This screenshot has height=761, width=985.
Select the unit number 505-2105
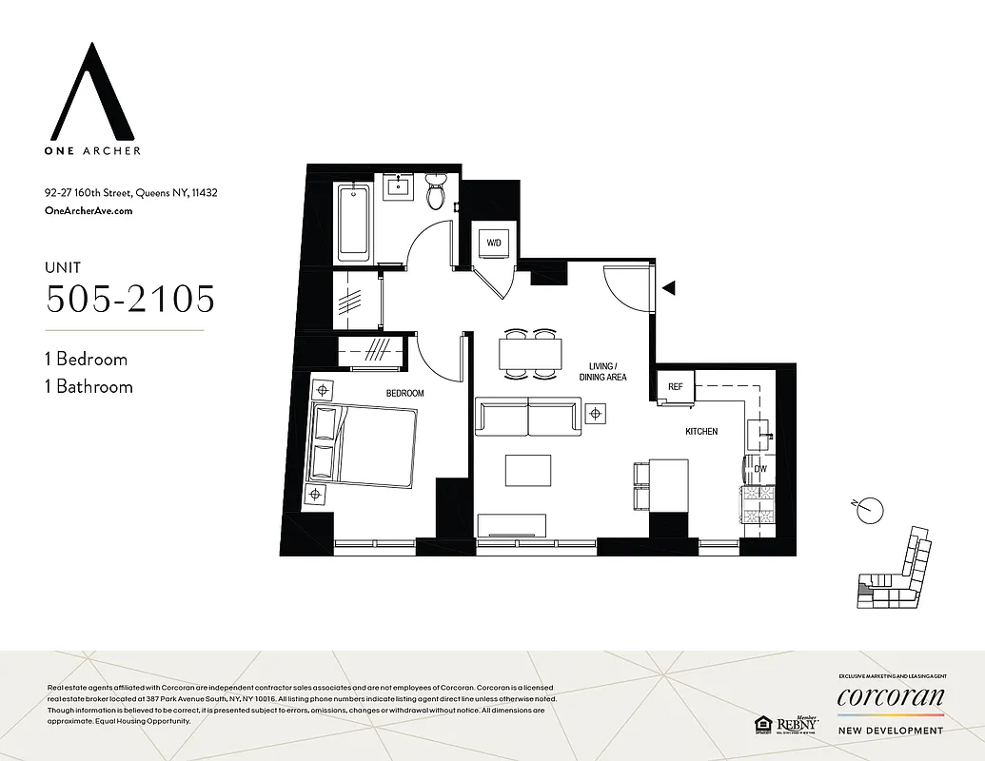click(x=130, y=299)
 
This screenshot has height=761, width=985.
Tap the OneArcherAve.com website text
click(x=89, y=211)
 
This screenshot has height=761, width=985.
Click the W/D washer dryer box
click(x=494, y=244)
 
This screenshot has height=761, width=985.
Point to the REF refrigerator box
click(x=675, y=387)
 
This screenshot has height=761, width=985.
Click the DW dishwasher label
click(x=759, y=469)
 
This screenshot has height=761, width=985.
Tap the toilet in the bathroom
click(x=436, y=193)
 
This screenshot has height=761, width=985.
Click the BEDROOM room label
click(x=404, y=393)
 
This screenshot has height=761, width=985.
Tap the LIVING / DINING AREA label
click(x=603, y=372)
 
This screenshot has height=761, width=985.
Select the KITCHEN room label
click(x=701, y=432)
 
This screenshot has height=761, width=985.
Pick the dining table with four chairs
click(x=529, y=353)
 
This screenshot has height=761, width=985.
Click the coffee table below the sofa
click(x=528, y=470)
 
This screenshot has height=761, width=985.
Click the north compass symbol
click(x=868, y=512)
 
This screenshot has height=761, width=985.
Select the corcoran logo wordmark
click(x=890, y=698)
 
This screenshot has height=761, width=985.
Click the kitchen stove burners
click(x=759, y=507)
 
